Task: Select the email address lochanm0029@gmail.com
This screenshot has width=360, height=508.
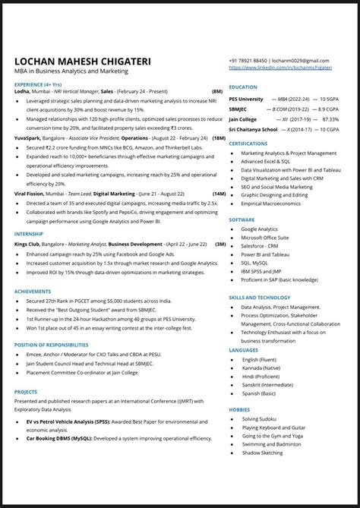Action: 301,60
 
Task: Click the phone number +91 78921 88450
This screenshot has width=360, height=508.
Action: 248,60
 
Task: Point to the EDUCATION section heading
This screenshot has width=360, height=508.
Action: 243,87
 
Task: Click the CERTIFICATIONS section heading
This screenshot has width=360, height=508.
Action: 248,143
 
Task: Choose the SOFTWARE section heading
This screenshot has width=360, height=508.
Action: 242,219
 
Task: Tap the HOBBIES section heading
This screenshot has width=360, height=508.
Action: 239,409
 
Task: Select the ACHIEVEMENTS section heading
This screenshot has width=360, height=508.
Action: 33,290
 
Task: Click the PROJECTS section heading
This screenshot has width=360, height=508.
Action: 26,392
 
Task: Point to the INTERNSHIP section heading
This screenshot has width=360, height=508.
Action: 29,235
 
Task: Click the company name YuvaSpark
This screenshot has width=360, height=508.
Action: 27,138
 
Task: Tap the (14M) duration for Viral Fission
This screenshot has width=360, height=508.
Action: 219,194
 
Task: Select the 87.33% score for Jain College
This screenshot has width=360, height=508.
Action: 330,119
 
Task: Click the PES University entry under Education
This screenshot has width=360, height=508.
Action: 247,99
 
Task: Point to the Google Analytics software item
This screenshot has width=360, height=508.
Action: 259,229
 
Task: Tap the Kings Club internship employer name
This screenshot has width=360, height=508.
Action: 27,245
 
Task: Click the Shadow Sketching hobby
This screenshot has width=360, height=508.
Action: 262,453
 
